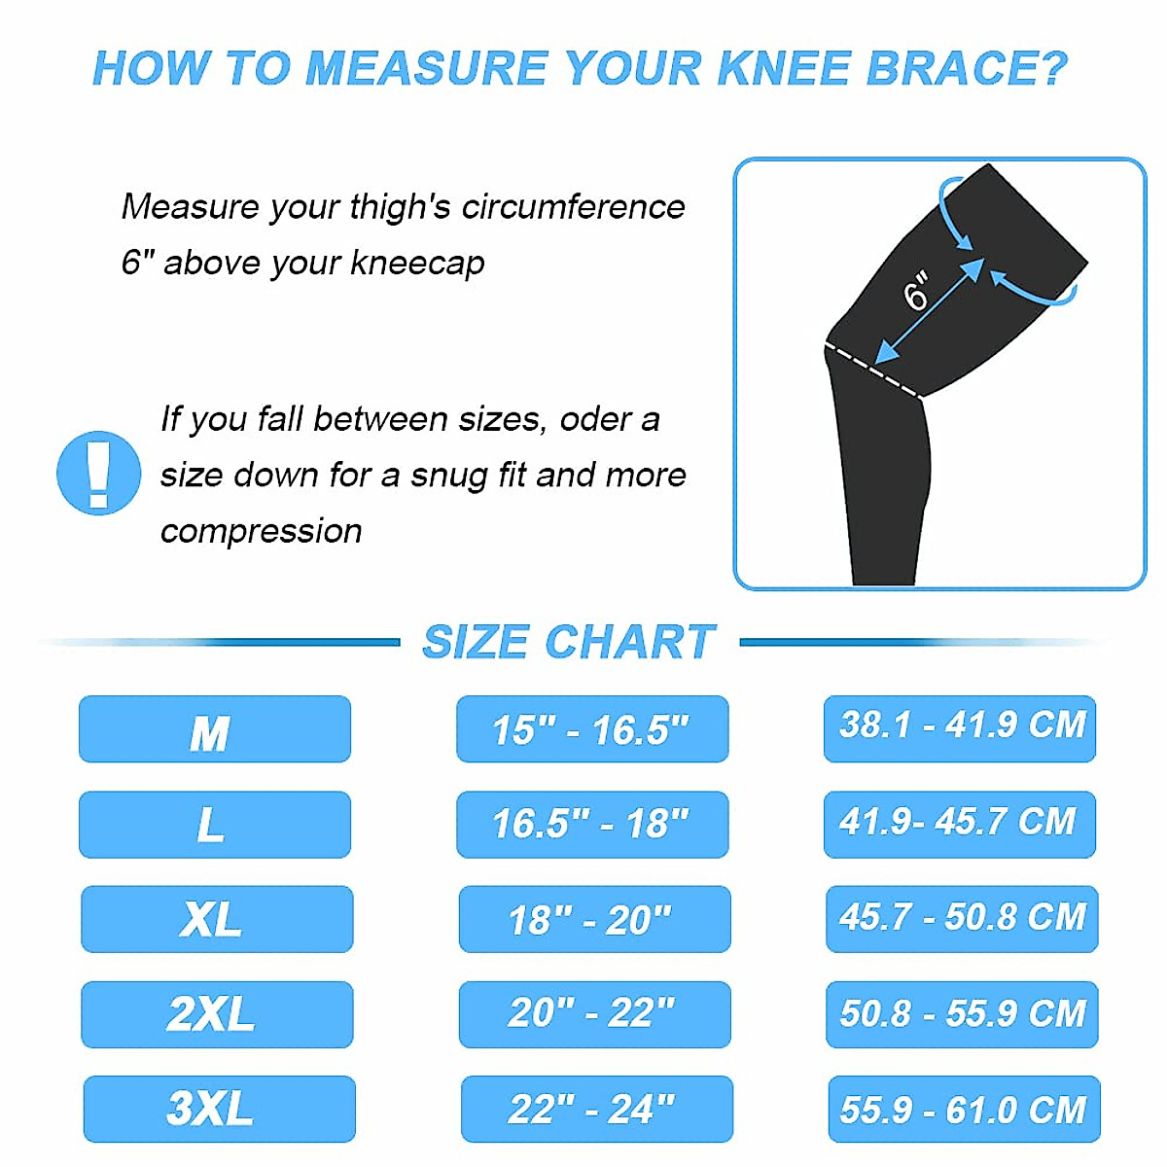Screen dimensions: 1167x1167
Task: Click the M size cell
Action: click(214, 729)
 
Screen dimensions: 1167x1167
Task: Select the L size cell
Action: click(214, 825)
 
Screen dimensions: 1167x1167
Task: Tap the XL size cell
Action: click(216, 919)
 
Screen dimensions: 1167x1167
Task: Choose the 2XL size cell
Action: click(216, 1014)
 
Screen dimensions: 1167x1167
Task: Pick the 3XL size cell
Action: click(219, 1109)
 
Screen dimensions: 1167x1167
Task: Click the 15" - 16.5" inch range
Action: click(591, 729)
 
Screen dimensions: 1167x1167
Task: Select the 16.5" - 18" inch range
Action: click(591, 825)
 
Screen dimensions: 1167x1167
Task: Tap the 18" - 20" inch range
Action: click(593, 919)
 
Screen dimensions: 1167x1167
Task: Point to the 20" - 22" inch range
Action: click(593, 1014)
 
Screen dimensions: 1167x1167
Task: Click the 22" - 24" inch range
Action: click(595, 1109)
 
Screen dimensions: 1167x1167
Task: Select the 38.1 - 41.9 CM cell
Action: click(960, 727)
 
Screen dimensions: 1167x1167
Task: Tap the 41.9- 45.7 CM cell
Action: click(960, 824)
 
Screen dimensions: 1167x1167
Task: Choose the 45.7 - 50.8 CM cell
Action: click(962, 918)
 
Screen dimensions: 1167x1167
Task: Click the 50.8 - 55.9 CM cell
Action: click(962, 1014)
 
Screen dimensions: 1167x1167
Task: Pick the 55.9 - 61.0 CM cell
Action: click(964, 1109)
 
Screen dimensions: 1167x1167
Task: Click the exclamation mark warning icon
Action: click(98, 473)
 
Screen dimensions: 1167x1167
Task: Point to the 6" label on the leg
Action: click(916, 291)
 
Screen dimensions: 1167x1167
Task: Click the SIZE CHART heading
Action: click(569, 642)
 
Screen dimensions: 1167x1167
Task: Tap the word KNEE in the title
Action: click(783, 68)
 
